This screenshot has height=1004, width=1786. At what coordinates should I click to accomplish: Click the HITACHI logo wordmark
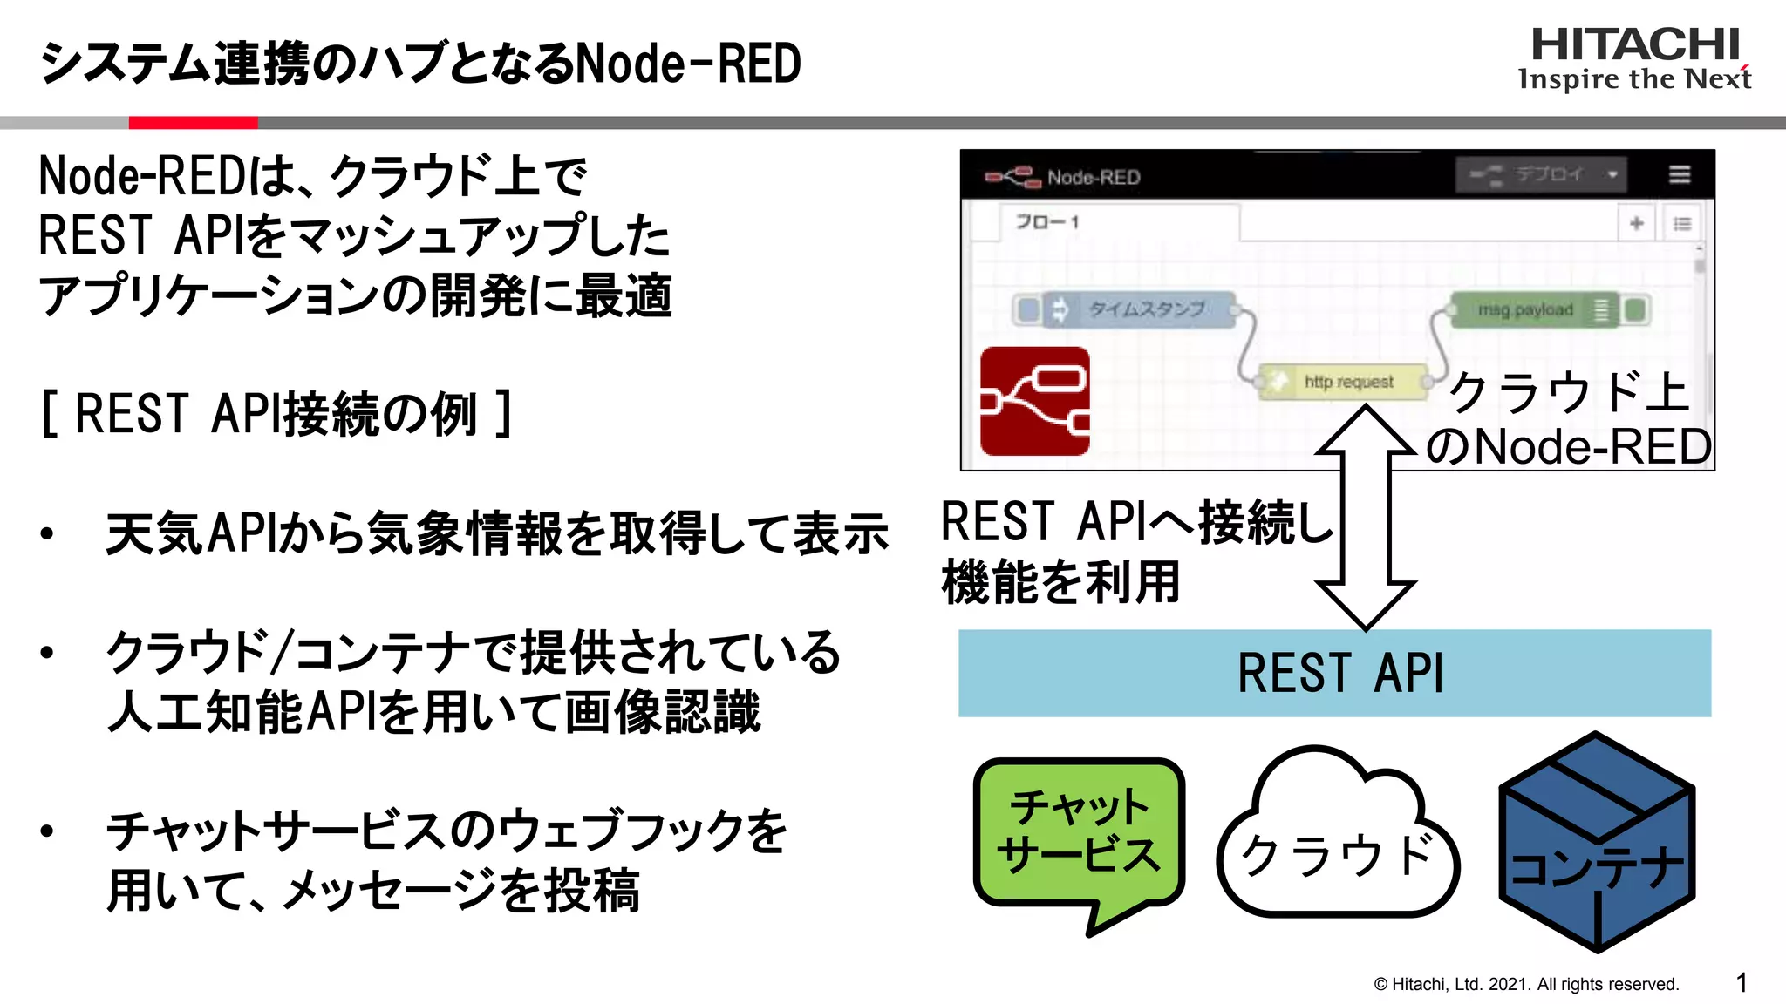point(1634,44)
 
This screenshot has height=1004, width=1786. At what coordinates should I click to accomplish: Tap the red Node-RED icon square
point(1034,401)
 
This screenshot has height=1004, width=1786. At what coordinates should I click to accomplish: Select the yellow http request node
point(1344,382)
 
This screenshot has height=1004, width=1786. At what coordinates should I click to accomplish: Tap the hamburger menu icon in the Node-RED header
point(1679,174)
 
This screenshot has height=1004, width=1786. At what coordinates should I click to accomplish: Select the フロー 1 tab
point(1046,222)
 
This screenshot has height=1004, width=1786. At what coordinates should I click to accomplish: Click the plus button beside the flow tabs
point(1636,223)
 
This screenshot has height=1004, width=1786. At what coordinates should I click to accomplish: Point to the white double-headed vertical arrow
point(1365,519)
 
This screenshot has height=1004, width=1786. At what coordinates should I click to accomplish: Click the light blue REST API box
point(1334,673)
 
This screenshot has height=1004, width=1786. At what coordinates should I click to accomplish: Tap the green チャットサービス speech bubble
point(1079,832)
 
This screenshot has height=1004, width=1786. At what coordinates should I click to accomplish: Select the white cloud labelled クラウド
point(1337,845)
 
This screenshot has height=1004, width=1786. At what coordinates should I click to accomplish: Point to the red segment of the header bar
point(193,123)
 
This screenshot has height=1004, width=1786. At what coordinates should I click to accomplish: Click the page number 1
point(1742,983)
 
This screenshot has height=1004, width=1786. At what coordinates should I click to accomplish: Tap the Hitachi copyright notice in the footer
point(1526,984)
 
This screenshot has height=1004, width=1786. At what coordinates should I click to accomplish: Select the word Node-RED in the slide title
point(689,64)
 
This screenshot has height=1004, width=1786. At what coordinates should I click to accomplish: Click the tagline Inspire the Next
point(1634,79)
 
